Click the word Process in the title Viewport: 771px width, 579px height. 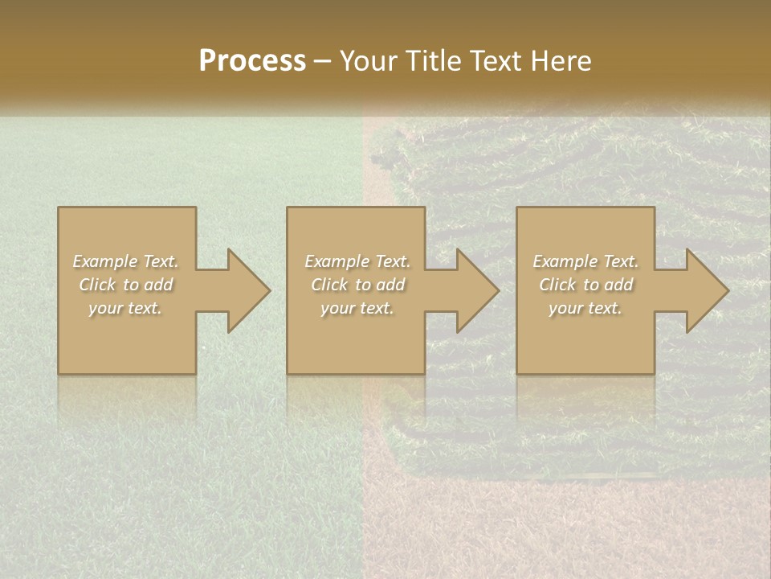click(252, 61)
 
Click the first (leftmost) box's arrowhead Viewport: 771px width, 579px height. click(245, 290)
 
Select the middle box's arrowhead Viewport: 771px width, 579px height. click(474, 290)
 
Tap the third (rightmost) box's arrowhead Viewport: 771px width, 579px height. click(704, 290)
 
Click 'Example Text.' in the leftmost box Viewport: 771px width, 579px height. click(126, 261)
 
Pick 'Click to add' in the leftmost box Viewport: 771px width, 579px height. click(126, 285)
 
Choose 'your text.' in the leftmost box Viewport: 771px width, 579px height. click(126, 308)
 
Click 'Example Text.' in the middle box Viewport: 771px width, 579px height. click(357, 261)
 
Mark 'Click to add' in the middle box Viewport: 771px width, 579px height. click(357, 285)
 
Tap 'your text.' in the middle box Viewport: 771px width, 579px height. click(357, 308)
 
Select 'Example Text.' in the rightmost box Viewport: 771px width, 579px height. click(585, 261)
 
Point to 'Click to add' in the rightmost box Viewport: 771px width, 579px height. click(585, 285)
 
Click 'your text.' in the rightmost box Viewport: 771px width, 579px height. click(585, 308)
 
